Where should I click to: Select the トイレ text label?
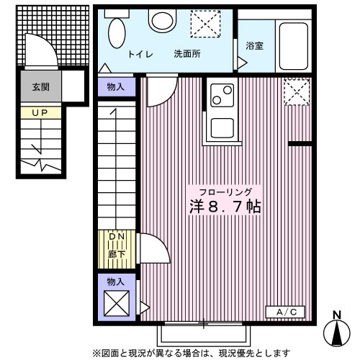click(x=139, y=55)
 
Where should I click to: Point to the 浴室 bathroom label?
click(x=254, y=45)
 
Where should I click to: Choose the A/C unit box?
click(x=290, y=311)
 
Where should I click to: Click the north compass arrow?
click(x=337, y=332)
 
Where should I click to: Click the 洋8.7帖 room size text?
click(x=225, y=207)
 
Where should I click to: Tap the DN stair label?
click(x=117, y=237)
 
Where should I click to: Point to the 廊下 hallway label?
click(x=117, y=253)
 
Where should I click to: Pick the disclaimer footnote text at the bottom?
click(x=190, y=353)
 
